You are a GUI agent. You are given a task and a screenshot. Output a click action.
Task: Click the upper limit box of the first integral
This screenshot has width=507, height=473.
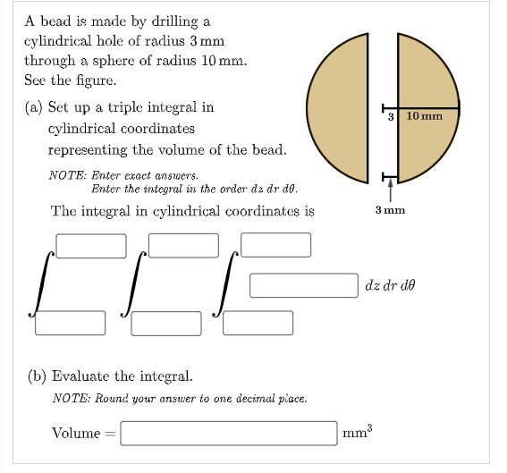coord(91,246)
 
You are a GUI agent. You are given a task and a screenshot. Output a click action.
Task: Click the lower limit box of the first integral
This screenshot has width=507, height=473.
coord(70,323)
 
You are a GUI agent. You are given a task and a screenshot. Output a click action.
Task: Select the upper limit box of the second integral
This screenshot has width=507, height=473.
coord(183,246)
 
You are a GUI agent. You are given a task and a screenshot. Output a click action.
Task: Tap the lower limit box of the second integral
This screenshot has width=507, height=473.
coord(166,324)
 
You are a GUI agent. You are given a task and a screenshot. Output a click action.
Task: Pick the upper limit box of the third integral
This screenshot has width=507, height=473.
coord(275,245)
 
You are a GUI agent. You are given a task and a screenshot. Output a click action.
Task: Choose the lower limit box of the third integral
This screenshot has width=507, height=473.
coord(258,323)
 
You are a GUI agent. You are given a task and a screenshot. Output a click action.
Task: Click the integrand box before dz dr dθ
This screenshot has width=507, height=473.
coord(304,285)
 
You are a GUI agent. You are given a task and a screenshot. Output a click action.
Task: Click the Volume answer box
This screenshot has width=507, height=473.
coord(229,434)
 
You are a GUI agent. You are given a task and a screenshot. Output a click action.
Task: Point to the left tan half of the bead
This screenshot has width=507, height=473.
coord(337,108)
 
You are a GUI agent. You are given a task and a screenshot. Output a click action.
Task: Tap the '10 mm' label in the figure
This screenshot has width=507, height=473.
coord(424,116)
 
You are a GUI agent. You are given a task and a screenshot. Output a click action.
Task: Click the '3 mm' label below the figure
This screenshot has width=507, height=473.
coord(390,210)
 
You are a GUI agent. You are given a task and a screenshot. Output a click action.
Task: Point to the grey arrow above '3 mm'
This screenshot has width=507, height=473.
coord(391,190)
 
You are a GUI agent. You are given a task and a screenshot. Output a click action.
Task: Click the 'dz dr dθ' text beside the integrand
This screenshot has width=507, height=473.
coord(390,285)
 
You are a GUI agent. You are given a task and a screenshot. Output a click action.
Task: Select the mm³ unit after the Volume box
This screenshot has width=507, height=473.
coord(358,432)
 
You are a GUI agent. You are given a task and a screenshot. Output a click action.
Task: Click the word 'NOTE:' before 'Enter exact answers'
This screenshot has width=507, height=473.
coord(68,175)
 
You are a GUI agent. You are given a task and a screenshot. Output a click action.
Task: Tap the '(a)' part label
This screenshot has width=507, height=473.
coord(34,107)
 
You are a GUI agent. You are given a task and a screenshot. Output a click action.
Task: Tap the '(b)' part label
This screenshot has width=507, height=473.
coord(38,376)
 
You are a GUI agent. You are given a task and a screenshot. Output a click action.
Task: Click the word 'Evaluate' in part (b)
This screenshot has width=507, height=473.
coord(80,376)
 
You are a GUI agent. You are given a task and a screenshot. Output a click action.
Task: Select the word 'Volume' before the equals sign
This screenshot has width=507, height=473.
coord(76,434)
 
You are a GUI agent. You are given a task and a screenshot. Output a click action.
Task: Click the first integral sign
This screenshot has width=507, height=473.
coord(41,284)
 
